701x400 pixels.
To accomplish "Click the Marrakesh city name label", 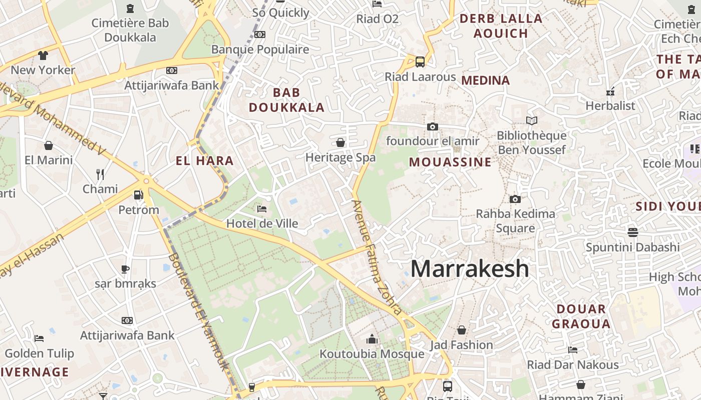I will pos(470,269).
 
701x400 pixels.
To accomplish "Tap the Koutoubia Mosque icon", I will pos(372,339).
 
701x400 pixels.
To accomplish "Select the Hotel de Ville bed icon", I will pos(261,208).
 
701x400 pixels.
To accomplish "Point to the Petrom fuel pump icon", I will pos(138,194).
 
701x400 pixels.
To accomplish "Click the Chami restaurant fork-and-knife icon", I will pos(100,174).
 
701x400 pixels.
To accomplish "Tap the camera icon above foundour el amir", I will pos(433,126).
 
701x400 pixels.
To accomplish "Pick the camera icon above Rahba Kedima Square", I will pos(515,199).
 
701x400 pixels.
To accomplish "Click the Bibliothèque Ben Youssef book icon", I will pos(531,120).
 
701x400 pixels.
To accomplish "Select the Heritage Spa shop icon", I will pos(340,142).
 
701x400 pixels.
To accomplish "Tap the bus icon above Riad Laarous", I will pos(420,62).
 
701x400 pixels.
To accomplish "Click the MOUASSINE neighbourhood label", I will pos(450,162).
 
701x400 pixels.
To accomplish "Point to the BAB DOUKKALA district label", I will pos(287,99).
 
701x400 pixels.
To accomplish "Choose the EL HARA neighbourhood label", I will pos(205,160).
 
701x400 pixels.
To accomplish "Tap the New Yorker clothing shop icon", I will pos(43,55).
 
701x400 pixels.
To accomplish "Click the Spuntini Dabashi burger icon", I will pos(633,232).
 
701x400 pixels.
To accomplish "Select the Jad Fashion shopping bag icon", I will pos(462,330).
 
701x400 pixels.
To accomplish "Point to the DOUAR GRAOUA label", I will pos(581,316).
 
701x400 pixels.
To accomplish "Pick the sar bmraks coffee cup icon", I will pos(125,269).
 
